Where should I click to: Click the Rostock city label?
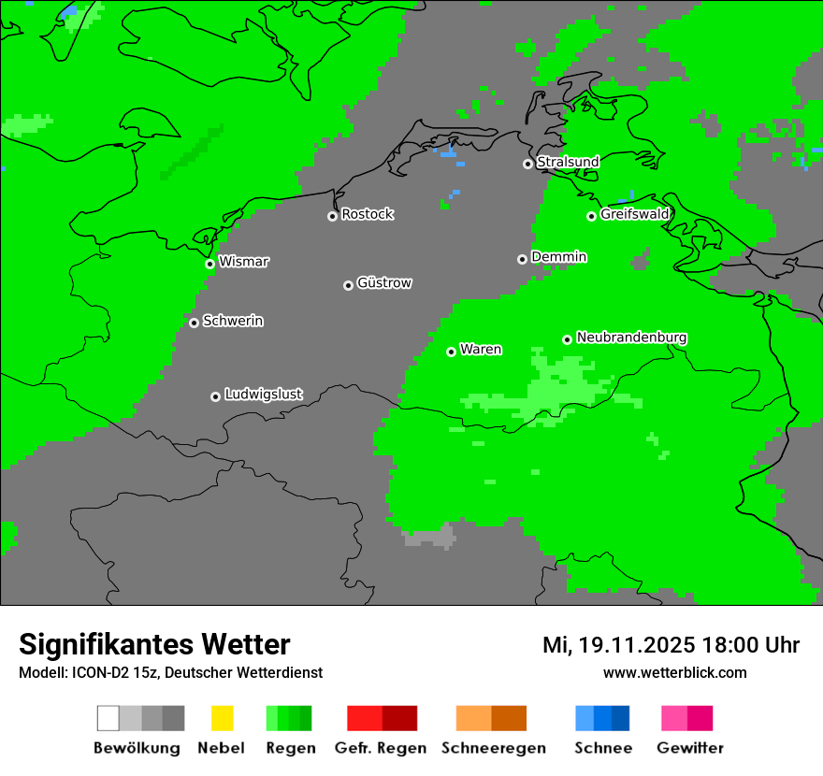coord(367,214)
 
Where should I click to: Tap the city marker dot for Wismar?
coord(210,264)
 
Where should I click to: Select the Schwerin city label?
coord(233,321)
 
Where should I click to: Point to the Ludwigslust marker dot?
coord(215,396)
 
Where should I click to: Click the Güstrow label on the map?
coord(384,282)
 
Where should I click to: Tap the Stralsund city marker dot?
coord(527,164)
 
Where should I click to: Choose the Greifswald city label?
coord(634,214)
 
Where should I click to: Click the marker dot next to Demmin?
coord(522,259)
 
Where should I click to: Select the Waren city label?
coord(481,349)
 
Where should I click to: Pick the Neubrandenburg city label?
coord(631,337)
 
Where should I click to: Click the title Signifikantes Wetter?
coord(154,644)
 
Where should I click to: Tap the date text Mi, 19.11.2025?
coord(618,645)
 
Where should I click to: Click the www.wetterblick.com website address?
coord(674,672)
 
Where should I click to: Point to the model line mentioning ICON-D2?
coord(170,672)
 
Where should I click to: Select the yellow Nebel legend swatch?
coord(222,718)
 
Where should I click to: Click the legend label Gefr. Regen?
coord(381,748)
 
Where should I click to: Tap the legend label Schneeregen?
coord(493,748)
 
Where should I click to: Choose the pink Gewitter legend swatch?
coord(674,718)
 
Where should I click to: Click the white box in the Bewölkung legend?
coord(108,718)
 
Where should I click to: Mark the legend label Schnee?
coord(603,748)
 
